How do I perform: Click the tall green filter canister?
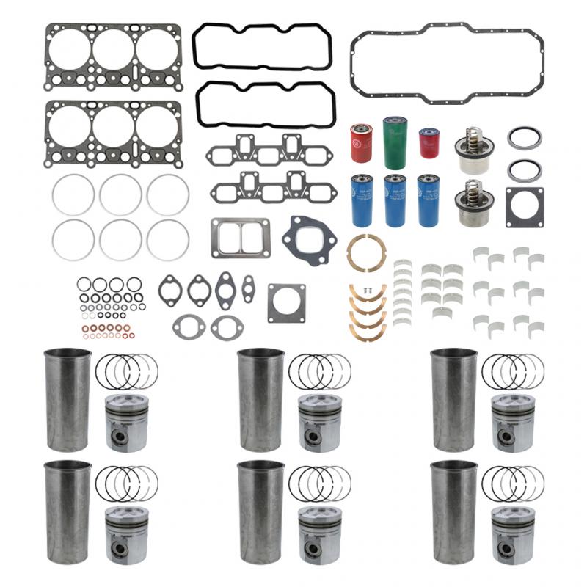point(394,142)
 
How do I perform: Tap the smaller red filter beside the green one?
point(429,143)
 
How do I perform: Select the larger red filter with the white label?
point(361,142)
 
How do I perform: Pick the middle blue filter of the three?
point(395,200)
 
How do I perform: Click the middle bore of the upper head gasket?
point(113,48)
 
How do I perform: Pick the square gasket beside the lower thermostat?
point(524,207)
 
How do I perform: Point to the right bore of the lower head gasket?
point(157,125)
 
